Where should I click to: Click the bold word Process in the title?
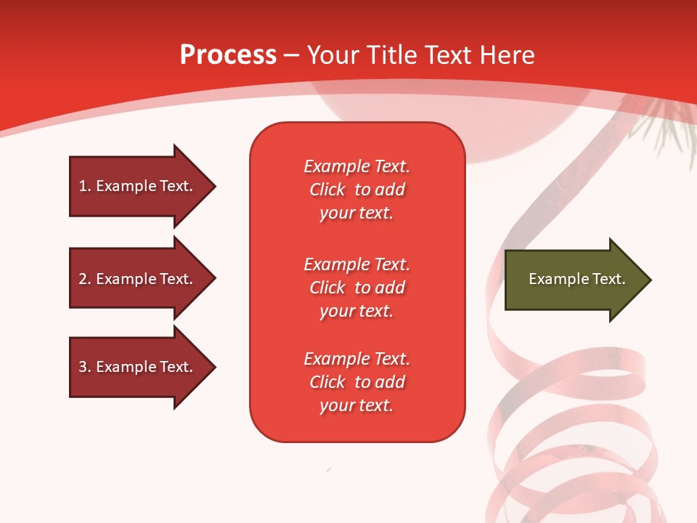tap(228, 55)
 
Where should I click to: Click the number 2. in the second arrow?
tap(84, 279)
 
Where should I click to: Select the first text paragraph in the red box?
tap(356, 190)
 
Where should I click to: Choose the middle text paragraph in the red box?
tap(356, 288)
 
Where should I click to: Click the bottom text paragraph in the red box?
tap(356, 382)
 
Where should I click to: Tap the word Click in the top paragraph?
tap(327, 190)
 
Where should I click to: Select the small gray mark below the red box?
tap(329, 470)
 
